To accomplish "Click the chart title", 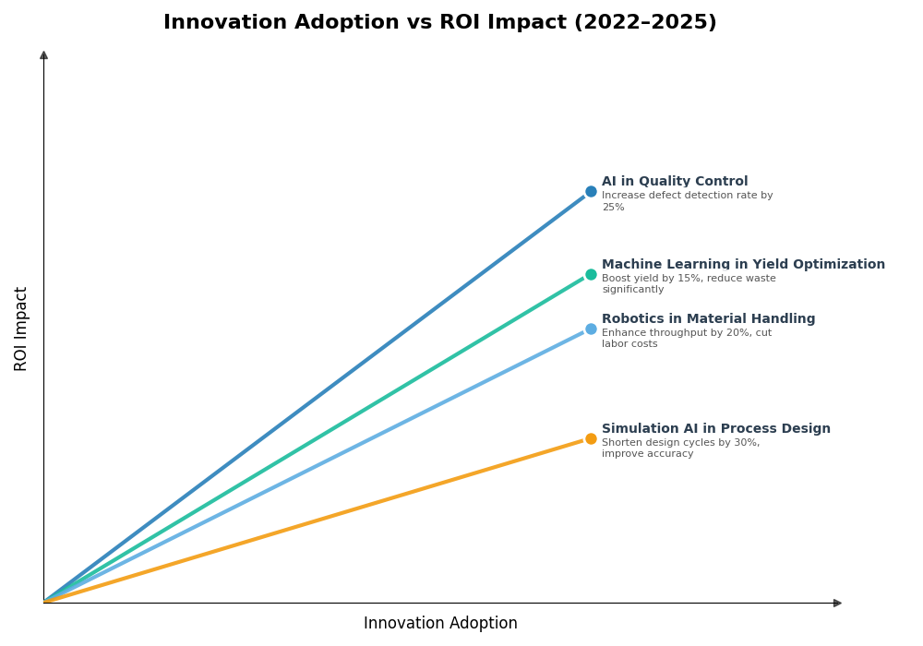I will click(x=439, y=23).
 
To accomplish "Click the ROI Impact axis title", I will click(x=21, y=329).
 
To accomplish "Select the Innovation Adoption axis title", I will click(x=440, y=624).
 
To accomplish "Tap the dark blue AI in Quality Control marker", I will click(x=591, y=192).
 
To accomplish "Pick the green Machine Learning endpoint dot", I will click(x=591, y=275).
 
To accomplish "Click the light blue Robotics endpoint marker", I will click(x=591, y=329).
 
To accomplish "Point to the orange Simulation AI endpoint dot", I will click(x=591, y=439).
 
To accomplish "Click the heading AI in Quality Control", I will click(x=675, y=182).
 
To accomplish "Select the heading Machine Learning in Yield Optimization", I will click(x=743, y=265).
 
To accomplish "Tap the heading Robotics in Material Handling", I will click(x=708, y=319).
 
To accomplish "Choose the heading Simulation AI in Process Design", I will click(x=715, y=429).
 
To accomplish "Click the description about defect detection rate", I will click(x=687, y=201).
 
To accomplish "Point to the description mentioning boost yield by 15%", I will click(x=689, y=284).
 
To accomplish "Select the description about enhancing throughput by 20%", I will click(x=686, y=339).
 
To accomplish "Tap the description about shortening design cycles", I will click(x=680, y=449).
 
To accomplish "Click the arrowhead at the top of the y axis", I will click(x=43, y=55).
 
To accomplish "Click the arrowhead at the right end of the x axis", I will click(x=837, y=604).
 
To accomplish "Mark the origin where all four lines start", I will click(x=44, y=603).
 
